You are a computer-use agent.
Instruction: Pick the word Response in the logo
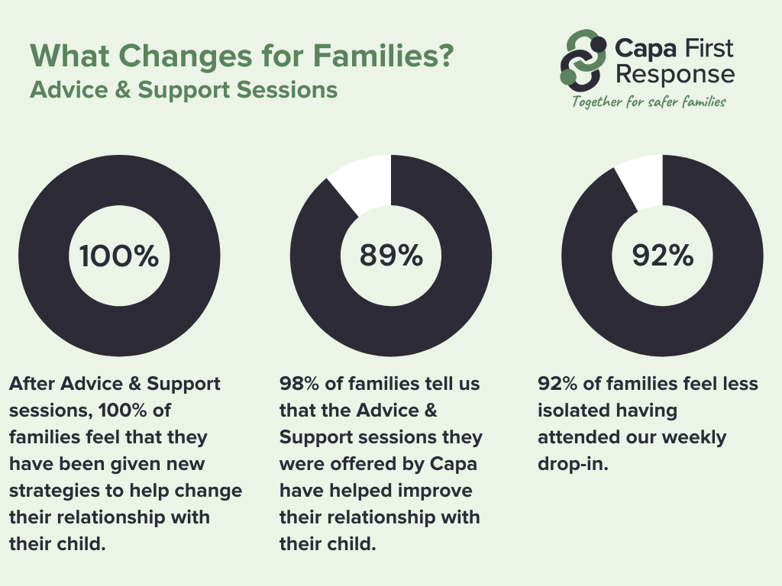point(675,74)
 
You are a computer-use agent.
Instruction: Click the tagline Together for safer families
point(649,101)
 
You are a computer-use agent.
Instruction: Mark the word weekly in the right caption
point(685,437)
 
